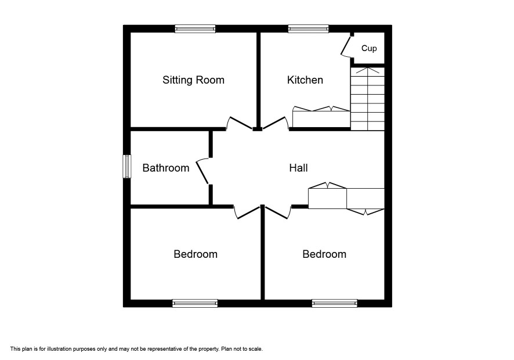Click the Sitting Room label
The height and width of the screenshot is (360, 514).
tap(193, 80)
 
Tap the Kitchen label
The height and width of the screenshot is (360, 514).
tap(305, 80)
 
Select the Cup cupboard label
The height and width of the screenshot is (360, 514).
tap(369, 49)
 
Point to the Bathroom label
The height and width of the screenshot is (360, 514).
tap(166, 168)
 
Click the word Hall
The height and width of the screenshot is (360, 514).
tap(298, 168)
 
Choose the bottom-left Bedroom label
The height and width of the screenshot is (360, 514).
tap(196, 254)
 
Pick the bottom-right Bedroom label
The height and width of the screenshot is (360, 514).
tap(324, 254)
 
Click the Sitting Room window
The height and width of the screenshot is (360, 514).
tap(195, 29)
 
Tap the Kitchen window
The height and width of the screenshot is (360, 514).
tap(308, 29)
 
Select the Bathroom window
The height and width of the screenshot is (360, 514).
tap(127, 167)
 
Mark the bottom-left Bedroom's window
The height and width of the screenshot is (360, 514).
tap(195, 303)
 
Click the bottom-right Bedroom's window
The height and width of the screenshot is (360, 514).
tap(334, 303)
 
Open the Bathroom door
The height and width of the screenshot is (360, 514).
tap(202, 172)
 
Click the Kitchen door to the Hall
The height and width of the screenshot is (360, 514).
tap(275, 123)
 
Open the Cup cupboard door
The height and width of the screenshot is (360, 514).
tap(346, 46)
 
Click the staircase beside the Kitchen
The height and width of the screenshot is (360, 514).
tap(367, 99)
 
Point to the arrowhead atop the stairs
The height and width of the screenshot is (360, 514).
tap(367, 70)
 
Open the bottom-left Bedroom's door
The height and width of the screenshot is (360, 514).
tap(248, 213)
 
